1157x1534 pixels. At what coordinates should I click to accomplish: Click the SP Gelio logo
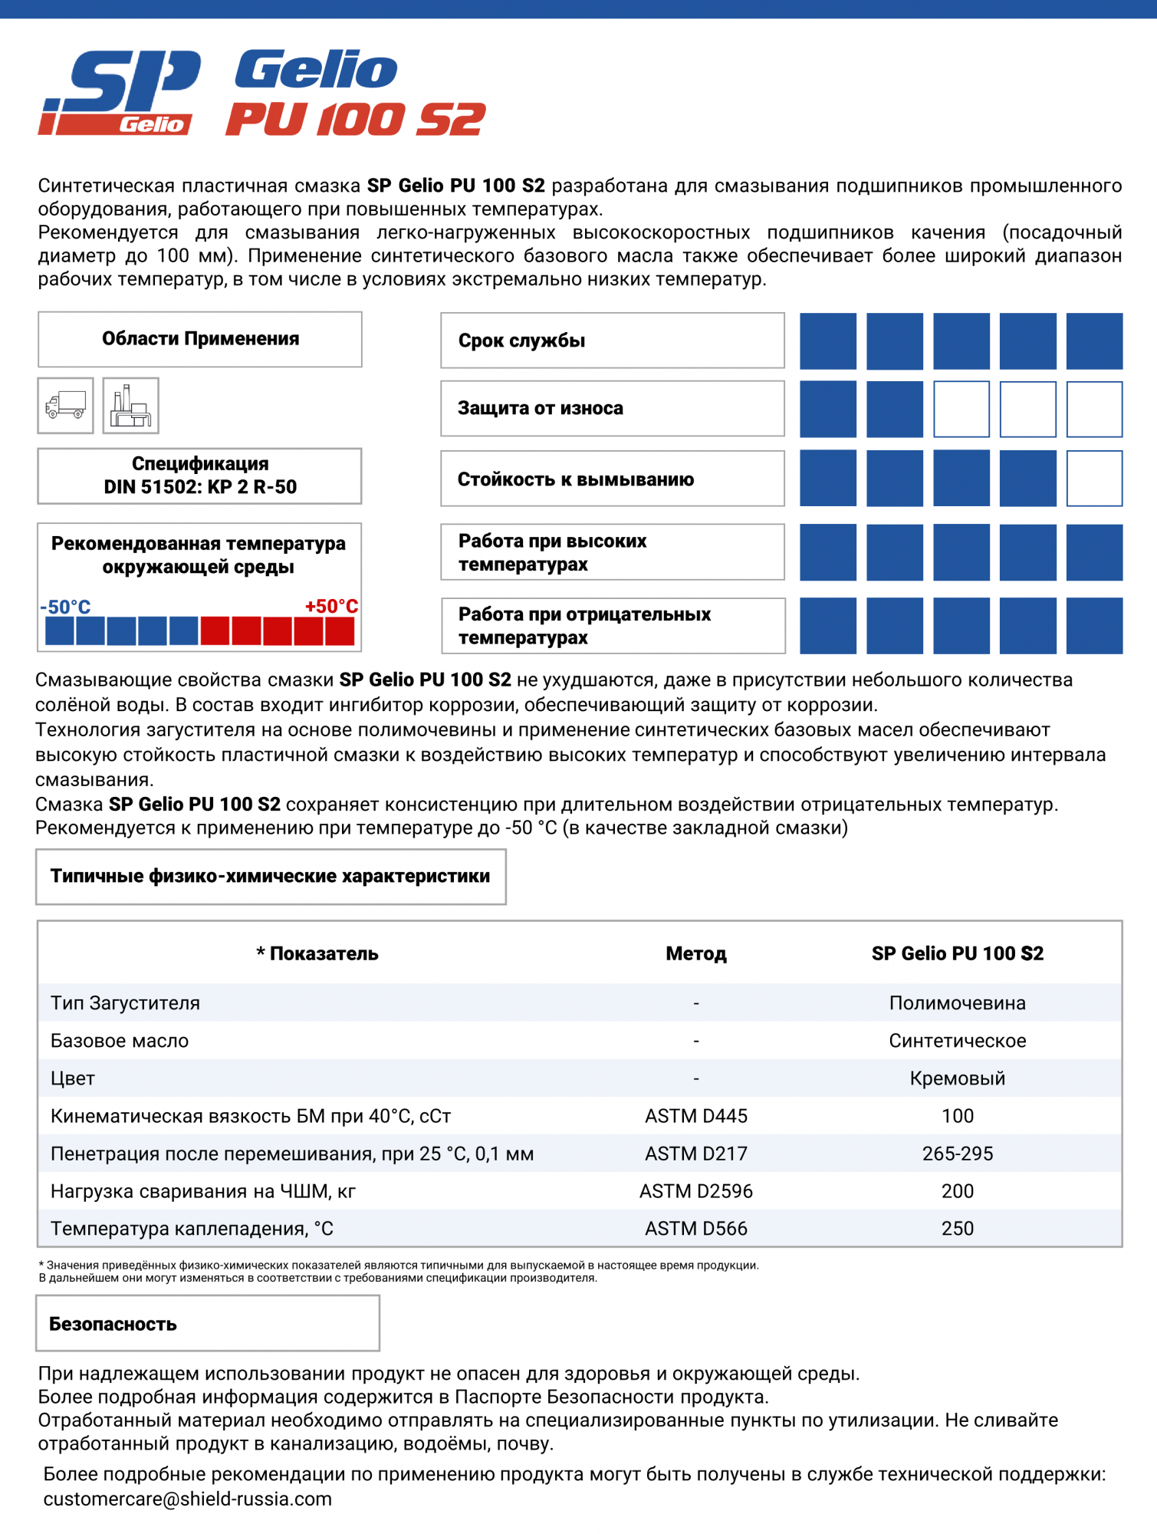pyautogui.click(x=119, y=93)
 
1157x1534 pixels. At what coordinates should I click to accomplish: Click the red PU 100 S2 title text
pyautogui.click(x=356, y=120)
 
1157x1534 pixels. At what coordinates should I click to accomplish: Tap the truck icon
pyautogui.click(x=66, y=405)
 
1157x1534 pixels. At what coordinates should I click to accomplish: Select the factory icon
pyautogui.click(x=131, y=405)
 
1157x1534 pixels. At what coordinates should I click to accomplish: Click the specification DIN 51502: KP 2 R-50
pyautogui.click(x=200, y=476)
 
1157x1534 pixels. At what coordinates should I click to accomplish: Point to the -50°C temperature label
pyautogui.click(x=66, y=607)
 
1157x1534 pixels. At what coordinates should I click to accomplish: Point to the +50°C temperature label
pyautogui.click(x=331, y=606)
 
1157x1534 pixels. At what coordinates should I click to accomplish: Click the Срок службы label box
pyautogui.click(x=612, y=341)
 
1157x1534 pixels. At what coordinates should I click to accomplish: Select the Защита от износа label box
pyautogui.click(x=612, y=408)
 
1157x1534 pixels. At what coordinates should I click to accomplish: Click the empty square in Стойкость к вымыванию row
pyautogui.click(x=1094, y=479)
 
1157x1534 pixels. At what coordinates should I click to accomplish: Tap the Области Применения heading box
pyautogui.click(x=200, y=339)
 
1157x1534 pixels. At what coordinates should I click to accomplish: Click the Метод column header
pyautogui.click(x=695, y=953)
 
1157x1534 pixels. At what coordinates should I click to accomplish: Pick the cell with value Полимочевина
pyautogui.click(x=957, y=1002)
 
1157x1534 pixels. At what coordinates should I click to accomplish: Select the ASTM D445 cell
pyautogui.click(x=695, y=1116)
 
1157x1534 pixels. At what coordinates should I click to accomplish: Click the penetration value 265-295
pyautogui.click(x=957, y=1154)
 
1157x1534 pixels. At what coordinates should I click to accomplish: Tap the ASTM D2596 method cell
pyautogui.click(x=695, y=1191)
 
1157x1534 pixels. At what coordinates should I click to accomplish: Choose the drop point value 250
pyautogui.click(x=957, y=1229)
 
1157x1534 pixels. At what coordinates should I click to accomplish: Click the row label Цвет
pyautogui.click(x=73, y=1078)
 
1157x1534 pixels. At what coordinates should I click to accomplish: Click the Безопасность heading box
pyautogui.click(x=207, y=1324)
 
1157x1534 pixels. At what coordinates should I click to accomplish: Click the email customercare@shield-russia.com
pyautogui.click(x=188, y=1499)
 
